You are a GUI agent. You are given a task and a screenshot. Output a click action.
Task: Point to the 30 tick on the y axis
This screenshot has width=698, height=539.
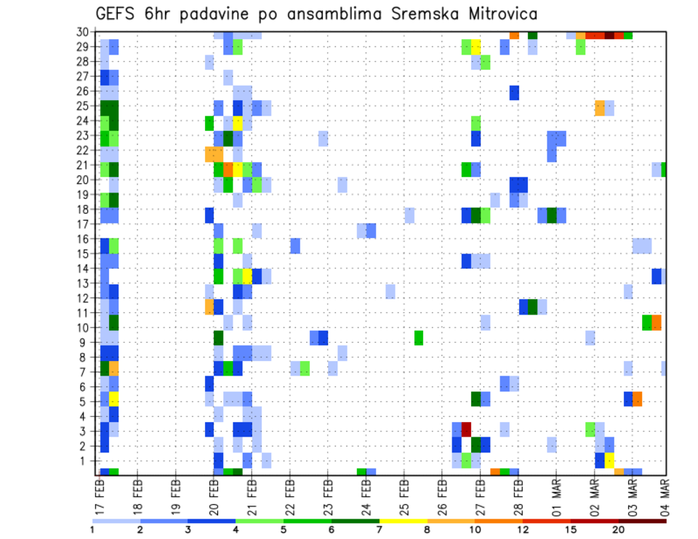tap(84, 32)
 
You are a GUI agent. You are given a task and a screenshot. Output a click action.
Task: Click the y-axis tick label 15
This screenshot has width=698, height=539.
tap(84, 254)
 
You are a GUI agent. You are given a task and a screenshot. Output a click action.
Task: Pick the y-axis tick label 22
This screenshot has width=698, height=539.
tap(84, 150)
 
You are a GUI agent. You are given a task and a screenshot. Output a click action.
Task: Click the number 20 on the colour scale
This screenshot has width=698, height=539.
tap(618, 529)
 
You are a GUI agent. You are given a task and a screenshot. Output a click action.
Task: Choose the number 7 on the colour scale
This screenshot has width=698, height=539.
tap(379, 529)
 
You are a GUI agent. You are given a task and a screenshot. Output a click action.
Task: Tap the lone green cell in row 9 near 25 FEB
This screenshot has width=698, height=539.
tap(419, 338)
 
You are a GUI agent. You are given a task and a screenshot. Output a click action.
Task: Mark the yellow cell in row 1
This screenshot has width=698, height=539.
tap(609, 461)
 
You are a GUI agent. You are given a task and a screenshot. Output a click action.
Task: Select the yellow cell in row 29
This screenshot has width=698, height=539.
tap(476, 47)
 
